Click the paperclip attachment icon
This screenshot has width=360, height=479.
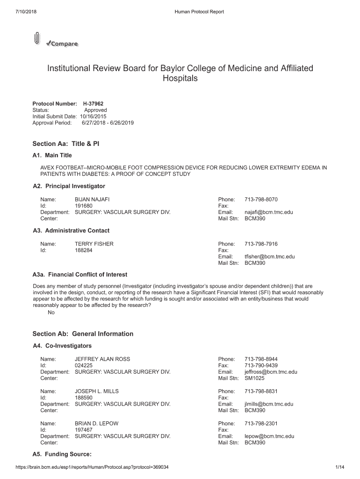point(36,39)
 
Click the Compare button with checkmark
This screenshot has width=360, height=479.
point(62,44)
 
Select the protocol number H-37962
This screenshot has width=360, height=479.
point(90,103)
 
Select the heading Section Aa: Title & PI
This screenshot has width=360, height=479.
point(65,144)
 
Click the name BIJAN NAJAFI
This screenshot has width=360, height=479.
point(92,199)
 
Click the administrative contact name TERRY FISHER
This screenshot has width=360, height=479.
point(94,244)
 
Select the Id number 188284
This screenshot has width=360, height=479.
point(84,250)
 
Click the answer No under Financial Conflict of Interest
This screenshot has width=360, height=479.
point(51,313)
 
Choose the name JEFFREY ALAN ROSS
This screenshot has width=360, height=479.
point(102,359)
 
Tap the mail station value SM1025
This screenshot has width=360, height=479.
point(254,378)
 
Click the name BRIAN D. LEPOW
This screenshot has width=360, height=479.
point(96,423)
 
